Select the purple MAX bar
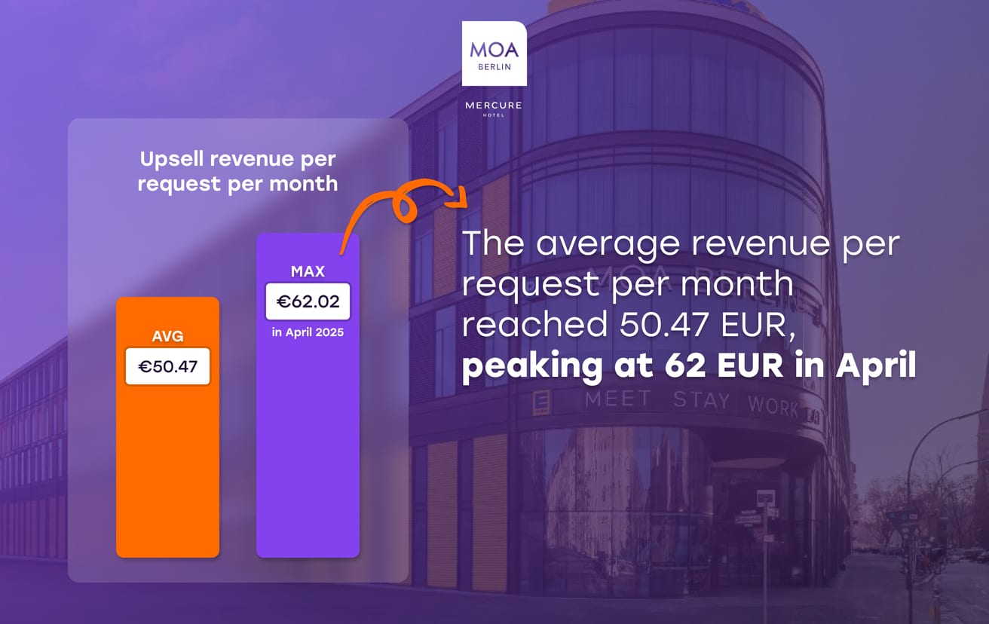[308, 452]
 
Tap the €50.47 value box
[167, 367]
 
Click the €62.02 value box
[308, 302]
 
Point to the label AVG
[167, 335]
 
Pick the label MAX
[308, 271]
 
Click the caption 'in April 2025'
[308, 332]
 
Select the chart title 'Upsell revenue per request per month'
[237, 171]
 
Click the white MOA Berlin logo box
[494, 54]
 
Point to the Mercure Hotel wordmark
[494, 108]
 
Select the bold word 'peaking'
[523, 367]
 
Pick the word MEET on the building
[617, 399]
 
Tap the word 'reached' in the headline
[534, 324]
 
